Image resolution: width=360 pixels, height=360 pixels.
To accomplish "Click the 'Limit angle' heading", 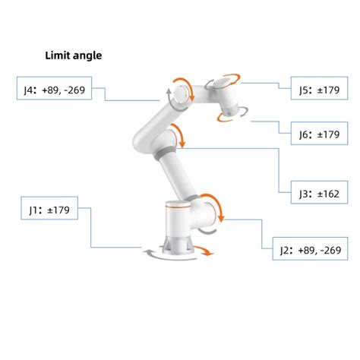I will pos(74,55).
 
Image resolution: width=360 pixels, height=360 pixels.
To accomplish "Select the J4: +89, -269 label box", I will pos(59,90).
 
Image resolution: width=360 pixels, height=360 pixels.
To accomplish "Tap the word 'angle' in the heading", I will pos(88,55).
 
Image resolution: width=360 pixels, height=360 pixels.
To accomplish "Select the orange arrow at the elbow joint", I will pos(180,137).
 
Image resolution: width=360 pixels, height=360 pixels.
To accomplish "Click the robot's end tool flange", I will pos(229,114).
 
